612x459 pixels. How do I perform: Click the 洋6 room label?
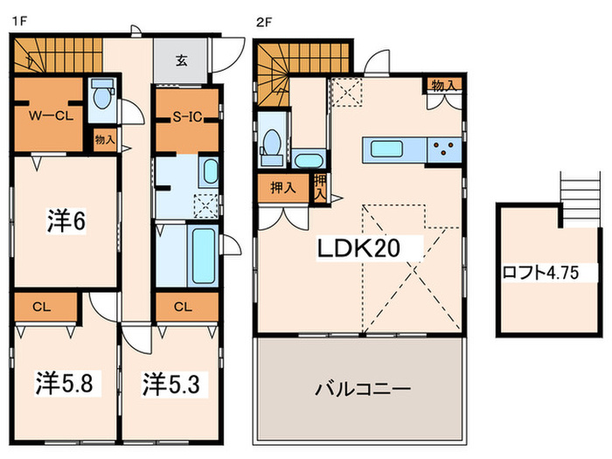tap(66, 221)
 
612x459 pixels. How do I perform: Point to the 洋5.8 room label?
tap(63, 382)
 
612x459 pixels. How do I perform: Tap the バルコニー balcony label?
tap(360, 388)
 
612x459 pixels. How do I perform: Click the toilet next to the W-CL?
tap(101, 96)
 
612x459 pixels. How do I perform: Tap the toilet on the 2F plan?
tap(272, 144)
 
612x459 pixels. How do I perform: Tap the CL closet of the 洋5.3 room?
tap(183, 306)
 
